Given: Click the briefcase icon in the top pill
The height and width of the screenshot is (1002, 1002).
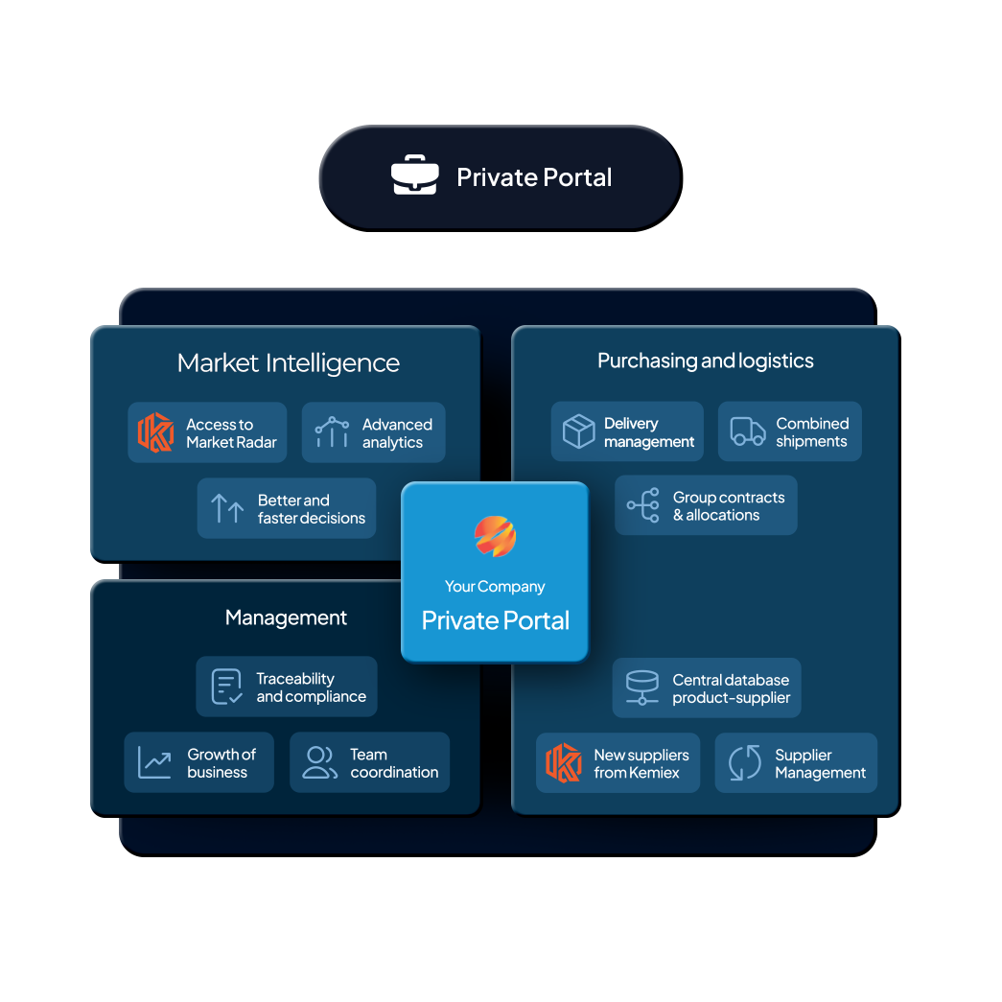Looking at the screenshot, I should click(x=414, y=177).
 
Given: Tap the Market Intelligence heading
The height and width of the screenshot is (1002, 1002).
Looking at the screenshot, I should click(x=288, y=363).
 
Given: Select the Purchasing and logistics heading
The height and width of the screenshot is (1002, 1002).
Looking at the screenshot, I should click(x=705, y=361).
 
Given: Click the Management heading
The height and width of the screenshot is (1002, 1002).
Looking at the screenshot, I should click(x=286, y=618).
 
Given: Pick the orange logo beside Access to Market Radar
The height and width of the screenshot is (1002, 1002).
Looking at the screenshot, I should click(x=155, y=432).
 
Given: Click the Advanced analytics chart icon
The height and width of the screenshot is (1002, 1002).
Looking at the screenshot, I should click(x=332, y=432).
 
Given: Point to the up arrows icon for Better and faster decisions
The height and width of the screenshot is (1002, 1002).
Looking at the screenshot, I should click(x=227, y=508).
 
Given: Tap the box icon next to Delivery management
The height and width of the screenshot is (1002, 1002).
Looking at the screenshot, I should click(x=578, y=431).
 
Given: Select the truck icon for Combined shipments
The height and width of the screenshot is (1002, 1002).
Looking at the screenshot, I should click(x=748, y=431).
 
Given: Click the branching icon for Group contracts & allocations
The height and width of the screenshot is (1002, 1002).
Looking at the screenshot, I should click(x=643, y=505).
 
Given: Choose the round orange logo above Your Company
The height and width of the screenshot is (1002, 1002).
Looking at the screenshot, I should click(x=495, y=537).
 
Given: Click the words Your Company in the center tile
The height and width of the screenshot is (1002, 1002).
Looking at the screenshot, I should click(x=495, y=587).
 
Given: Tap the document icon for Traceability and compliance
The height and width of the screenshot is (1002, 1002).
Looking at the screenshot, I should click(x=226, y=687).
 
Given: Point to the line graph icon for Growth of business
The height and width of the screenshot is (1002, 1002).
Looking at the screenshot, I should click(x=154, y=762).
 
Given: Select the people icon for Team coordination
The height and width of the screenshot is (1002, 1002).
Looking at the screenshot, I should click(x=319, y=762).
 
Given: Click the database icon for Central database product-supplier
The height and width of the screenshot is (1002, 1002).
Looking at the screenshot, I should click(x=641, y=687).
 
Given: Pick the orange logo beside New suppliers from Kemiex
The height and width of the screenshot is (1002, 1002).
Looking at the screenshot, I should click(x=564, y=763).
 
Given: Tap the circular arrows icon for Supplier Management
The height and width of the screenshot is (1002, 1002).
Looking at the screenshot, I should click(x=744, y=763).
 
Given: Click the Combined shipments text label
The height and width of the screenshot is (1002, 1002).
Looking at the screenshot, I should click(x=812, y=432).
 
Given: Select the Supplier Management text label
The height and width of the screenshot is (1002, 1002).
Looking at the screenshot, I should click(x=820, y=764).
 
